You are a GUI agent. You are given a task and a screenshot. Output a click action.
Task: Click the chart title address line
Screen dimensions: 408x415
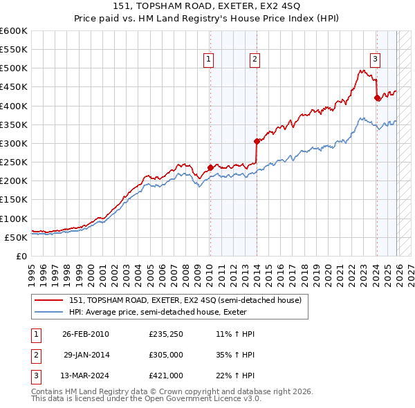click(x=207, y=6)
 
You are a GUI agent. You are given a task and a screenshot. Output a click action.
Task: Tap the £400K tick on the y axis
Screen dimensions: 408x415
click(x=14, y=106)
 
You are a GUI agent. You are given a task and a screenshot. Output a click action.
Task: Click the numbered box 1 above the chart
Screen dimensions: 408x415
click(x=208, y=60)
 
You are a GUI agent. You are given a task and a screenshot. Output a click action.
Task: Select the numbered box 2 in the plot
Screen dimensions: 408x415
click(x=255, y=60)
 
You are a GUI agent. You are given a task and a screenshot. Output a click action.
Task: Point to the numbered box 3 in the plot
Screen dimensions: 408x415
click(x=375, y=59)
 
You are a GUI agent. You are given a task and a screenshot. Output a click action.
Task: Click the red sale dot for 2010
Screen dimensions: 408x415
click(x=210, y=167)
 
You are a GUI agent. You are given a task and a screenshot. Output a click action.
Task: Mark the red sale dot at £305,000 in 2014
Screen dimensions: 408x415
click(x=257, y=141)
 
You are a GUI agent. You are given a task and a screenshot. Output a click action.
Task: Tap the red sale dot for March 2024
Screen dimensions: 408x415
click(x=376, y=98)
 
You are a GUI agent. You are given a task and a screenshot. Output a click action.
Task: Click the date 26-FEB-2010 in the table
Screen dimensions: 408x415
click(x=86, y=334)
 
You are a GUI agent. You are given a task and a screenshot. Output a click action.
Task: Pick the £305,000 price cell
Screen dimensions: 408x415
click(x=166, y=355)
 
